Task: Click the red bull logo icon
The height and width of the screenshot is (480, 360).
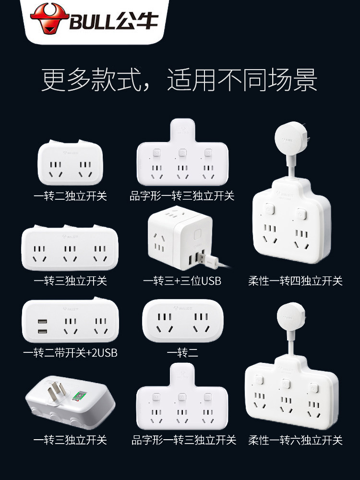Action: [x=49, y=18]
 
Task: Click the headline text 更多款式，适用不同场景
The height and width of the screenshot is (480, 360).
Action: [x=180, y=80]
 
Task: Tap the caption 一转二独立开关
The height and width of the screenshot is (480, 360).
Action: [x=70, y=196]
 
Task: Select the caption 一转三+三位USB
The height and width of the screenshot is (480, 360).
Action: [x=182, y=281]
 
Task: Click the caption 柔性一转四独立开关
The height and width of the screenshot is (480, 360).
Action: [x=295, y=281]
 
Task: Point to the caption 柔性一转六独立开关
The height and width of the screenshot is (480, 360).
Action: [x=295, y=440]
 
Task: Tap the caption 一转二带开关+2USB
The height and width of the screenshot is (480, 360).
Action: [x=70, y=353]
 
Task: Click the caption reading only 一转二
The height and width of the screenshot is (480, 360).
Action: [x=182, y=353]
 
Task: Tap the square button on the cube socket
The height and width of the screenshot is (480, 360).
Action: [x=198, y=234]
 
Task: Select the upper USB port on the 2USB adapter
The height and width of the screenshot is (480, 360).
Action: [x=43, y=322]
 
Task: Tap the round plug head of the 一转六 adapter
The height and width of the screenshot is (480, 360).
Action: [x=291, y=317]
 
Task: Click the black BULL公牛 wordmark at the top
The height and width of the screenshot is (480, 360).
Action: [x=114, y=21]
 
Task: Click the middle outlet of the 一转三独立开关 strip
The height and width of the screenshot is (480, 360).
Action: [x=70, y=253]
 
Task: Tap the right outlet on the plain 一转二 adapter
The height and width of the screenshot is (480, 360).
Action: [x=201, y=323]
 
